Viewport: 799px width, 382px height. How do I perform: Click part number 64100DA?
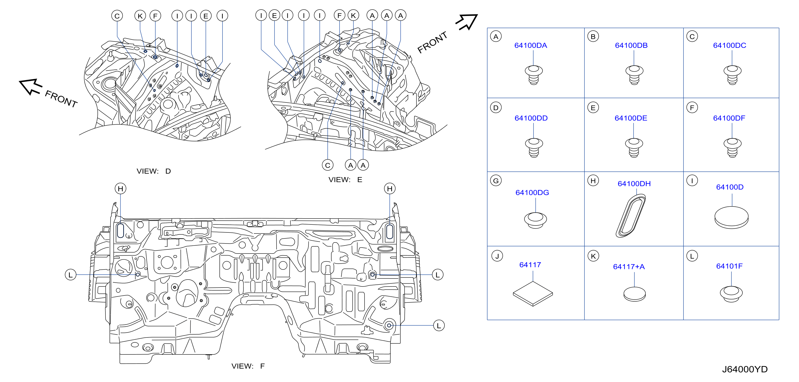530,45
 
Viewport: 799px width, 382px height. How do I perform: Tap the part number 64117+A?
629,267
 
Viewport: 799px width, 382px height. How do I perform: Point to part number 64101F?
729,266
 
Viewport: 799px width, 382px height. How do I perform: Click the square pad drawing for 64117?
532,293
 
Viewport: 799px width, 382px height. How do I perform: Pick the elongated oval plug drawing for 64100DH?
630,216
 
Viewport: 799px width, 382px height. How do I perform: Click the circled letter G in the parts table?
496,181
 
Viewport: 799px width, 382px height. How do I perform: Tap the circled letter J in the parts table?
497,256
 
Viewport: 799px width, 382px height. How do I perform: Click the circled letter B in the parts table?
593,37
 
